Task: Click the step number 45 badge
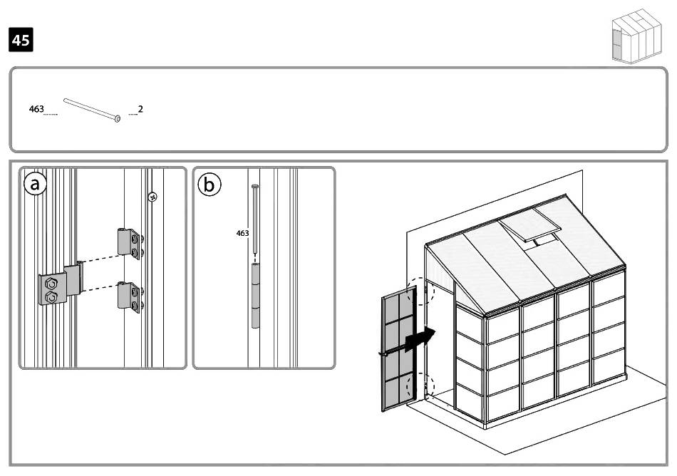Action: tap(21, 41)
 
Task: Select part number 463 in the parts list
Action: tap(36, 109)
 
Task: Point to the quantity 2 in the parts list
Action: tap(140, 109)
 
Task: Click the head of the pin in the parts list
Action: tap(117, 118)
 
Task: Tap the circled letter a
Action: tap(35, 184)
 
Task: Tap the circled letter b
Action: tap(209, 185)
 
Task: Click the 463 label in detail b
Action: tap(242, 233)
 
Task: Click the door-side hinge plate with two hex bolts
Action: tap(54, 288)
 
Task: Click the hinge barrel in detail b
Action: tap(255, 295)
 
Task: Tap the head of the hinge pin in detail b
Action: tap(254, 186)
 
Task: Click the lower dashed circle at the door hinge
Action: tap(417, 388)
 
